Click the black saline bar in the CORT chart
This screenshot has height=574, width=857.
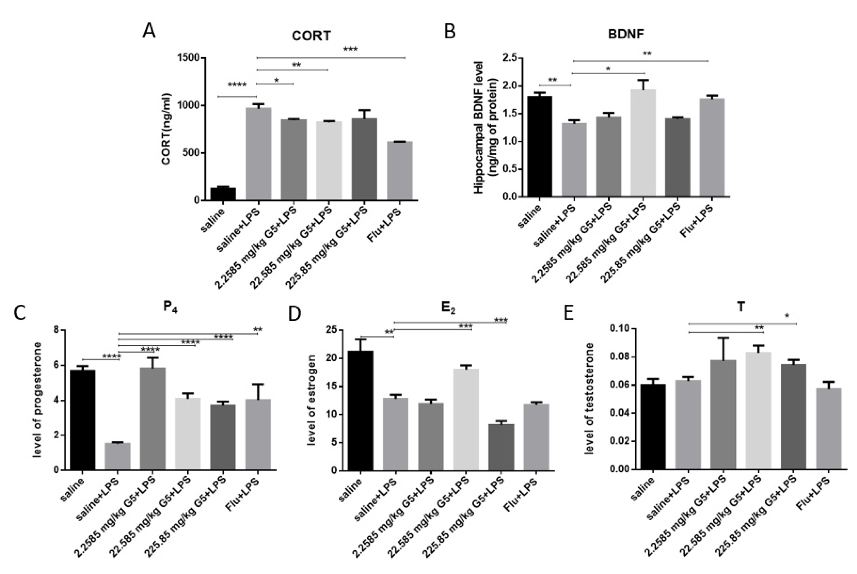click(223, 194)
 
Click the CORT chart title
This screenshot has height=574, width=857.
click(311, 36)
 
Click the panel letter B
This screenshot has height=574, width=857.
click(450, 32)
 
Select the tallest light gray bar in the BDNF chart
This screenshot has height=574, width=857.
click(643, 143)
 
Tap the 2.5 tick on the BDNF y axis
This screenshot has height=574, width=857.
click(510, 58)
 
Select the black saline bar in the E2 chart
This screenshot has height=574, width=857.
click(360, 410)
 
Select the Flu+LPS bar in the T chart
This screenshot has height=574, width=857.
click(829, 428)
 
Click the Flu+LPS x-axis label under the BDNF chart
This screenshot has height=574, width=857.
click(697, 221)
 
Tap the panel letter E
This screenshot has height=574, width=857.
click(568, 313)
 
